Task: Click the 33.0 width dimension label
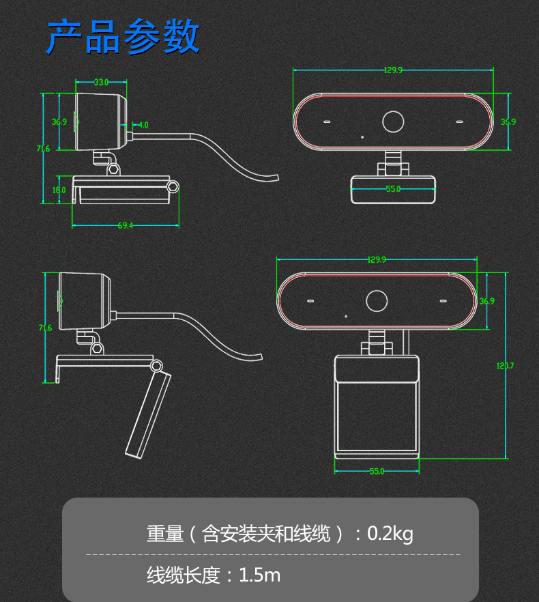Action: click(x=101, y=82)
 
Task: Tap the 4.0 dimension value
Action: click(x=143, y=125)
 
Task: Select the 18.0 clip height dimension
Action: click(x=59, y=190)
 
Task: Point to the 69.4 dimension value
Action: click(x=125, y=225)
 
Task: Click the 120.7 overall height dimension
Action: click(x=505, y=366)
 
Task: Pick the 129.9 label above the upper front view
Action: click(x=393, y=70)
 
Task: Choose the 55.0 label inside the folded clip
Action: click(x=393, y=189)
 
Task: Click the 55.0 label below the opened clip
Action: click(x=377, y=471)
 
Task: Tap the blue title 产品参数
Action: click(x=123, y=37)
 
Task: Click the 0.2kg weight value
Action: click(x=390, y=534)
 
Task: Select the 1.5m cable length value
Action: click(x=259, y=575)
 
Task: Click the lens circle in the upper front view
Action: click(x=393, y=111)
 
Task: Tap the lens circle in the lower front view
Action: click(x=377, y=291)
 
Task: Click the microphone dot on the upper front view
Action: click(x=362, y=137)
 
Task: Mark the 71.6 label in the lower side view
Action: click(x=45, y=328)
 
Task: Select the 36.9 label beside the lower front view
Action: click(x=486, y=301)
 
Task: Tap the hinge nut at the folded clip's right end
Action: click(x=173, y=187)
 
